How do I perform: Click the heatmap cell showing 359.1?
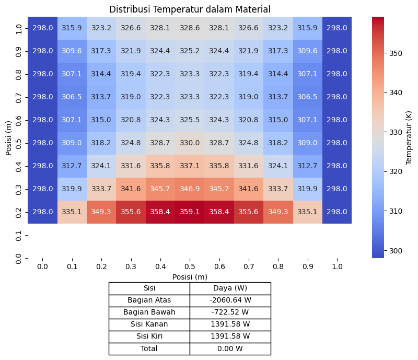tap(190, 212)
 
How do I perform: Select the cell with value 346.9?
tap(190, 189)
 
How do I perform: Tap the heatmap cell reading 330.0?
tap(190, 143)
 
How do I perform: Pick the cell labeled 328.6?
tap(190, 28)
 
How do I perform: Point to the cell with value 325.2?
tap(190, 51)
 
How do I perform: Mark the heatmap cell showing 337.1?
tap(190, 166)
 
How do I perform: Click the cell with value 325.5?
tap(190, 120)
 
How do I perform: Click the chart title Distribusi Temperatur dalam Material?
tap(190, 9)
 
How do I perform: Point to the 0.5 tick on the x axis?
tap(190, 266)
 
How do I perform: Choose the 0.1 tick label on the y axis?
tap(19, 235)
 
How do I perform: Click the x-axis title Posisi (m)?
tap(190, 276)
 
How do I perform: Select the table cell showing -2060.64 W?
tap(230, 300)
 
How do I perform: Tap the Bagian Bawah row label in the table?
tap(149, 312)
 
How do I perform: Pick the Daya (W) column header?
tap(230, 288)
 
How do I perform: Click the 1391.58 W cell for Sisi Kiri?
tap(230, 336)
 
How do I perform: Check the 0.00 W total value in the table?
tap(230, 349)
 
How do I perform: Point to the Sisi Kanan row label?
tap(149, 324)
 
